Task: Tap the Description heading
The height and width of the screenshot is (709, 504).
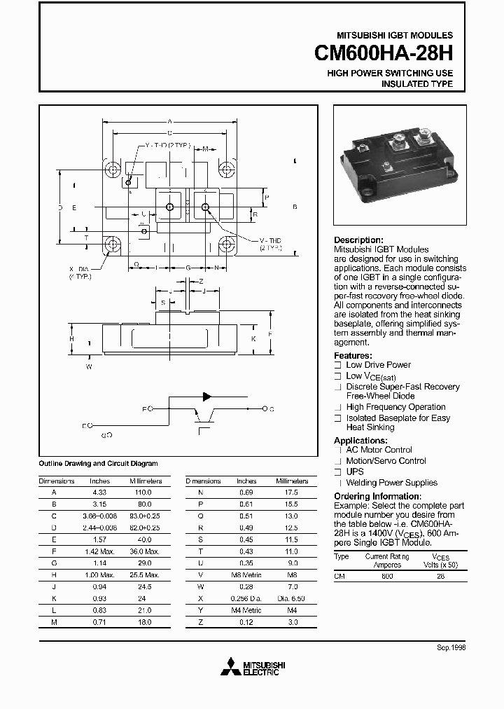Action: pyautogui.click(x=358, y=240)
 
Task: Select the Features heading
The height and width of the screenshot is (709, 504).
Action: pyautogui.click(x=354, y=355)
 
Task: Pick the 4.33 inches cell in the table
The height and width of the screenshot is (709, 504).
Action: pyautogui.click(x=100, y=493)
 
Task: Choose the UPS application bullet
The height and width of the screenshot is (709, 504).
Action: pyautogui.click(x=355, y=471)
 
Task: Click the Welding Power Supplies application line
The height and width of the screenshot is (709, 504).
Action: pyautogui.click(x=391, y=483)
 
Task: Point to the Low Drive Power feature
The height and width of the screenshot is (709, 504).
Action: pyautogui.click(x=378, y=365)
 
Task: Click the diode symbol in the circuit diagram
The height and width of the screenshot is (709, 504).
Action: pyautogui.click(x=208, y=397)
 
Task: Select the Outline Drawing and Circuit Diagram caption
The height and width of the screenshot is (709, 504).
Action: pyautogui.click(x=98, y=463)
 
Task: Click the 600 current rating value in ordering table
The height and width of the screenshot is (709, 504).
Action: pyautogui.click(x=387, y=575)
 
